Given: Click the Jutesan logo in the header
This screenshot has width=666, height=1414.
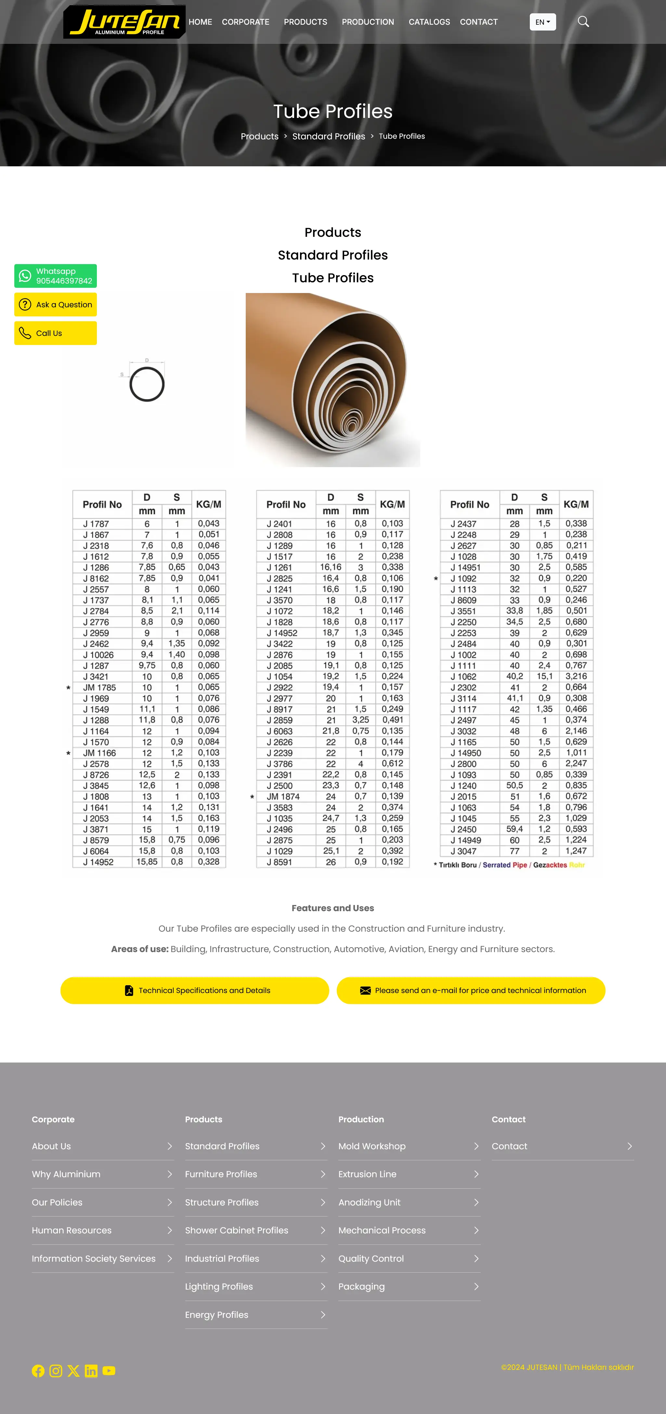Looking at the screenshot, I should tap(124, 22).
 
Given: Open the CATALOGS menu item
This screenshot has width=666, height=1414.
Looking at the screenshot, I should tap(429, 22).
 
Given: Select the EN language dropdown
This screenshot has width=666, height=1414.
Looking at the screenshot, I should tap(542, 22).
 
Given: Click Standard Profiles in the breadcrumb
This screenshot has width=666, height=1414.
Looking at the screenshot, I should tap(328, 136).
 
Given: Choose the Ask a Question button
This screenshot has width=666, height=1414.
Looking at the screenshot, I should tap(56, 305).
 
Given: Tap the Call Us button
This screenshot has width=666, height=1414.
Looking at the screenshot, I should tap(56, 333).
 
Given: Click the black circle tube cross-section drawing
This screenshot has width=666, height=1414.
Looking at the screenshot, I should tap(147, 384).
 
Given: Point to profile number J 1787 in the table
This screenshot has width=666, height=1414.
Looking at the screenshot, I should tap(96, 524).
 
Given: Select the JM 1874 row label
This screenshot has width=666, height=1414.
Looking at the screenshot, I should tap(283, 796).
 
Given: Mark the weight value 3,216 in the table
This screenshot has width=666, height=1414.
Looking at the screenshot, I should tap(576, 676).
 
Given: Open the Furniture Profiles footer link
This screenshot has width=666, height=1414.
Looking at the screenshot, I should tap(221, 1174).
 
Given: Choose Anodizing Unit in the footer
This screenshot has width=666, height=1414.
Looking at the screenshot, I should tap(369, 1202).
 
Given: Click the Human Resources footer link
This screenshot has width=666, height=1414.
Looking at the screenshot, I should tap(72, 1230).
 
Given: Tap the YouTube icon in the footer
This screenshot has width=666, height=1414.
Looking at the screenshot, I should tap(109, 1371).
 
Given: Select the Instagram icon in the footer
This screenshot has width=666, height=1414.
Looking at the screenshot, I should tap(56, 1371).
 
